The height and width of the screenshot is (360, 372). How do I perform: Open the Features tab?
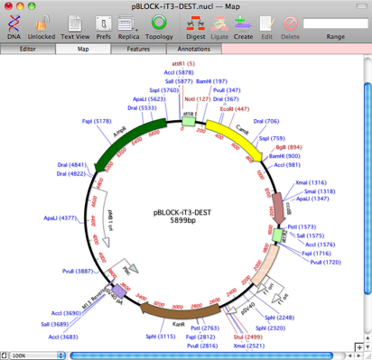138,49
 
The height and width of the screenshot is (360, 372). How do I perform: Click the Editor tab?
27,49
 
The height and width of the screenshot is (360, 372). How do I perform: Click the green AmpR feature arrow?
135,133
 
